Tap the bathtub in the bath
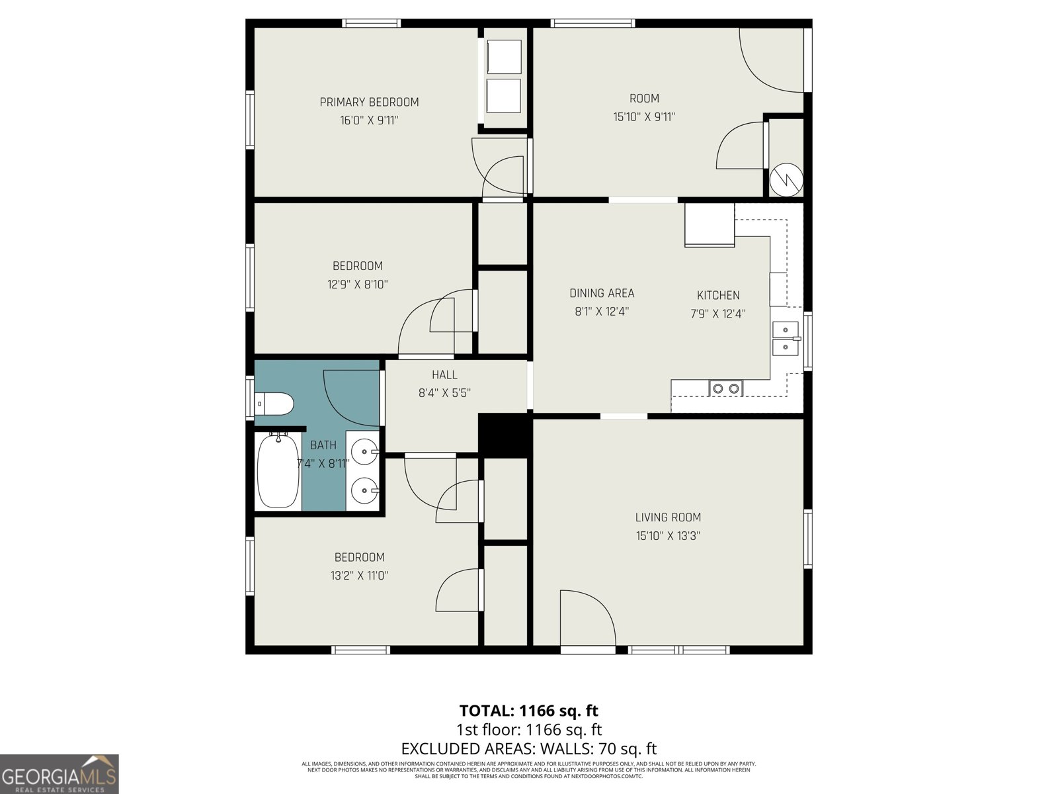[x=278, y=471]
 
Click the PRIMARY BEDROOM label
[x=369, y=103]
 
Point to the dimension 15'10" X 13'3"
[x=668, y=536]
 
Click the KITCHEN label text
[x=718, y=296]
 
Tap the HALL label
[x=444, y=375]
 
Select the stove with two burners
[x=726, y=388]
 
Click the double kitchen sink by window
[x=785, y=338]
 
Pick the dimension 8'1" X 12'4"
[x=601, y=312]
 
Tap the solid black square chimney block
[x=504, y=435]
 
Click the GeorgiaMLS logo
[x=60, y=773]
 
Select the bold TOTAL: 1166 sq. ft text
[x=528, y=711]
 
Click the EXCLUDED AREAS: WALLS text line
[x=528, y=748]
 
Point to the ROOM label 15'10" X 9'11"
[x=644, y=108]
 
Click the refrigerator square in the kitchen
[x=710, y=225]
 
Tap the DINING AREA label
[x=602, y=293]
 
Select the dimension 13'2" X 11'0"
[x=359, y=576]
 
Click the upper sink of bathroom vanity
[x=364, y=453]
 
